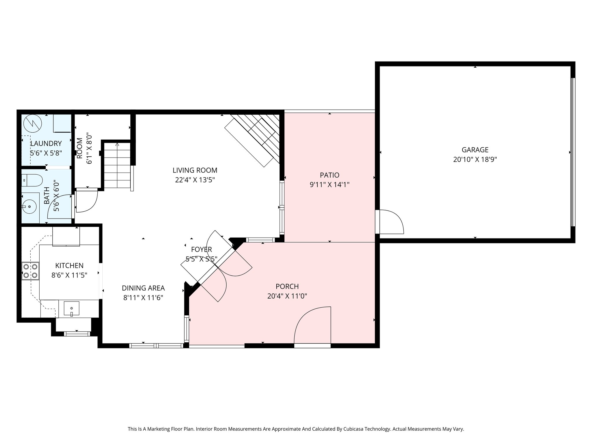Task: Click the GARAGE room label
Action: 475,150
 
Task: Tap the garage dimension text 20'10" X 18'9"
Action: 475,160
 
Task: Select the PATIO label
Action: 330,175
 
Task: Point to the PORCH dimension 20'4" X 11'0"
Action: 287,296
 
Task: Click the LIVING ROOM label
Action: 195,170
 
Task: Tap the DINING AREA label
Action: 143,288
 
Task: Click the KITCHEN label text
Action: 69,265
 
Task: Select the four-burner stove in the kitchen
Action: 30,271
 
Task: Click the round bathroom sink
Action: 29,207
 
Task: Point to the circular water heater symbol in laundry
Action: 33,124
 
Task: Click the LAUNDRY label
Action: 46,143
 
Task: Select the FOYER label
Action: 201,249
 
